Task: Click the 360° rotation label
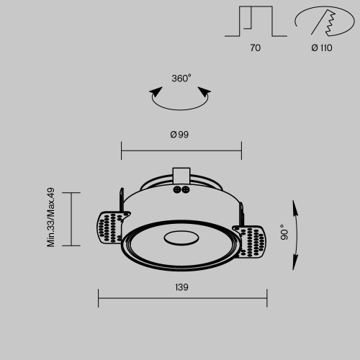coord(181,78)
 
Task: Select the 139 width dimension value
coord(181,287)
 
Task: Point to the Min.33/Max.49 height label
coord(51,217)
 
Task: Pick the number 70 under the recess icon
coord(256,48)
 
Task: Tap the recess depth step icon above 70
coord(255,21)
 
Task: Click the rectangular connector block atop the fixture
coord(181,176)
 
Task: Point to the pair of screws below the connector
coord(181,190)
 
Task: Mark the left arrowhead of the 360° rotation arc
coord(154,91)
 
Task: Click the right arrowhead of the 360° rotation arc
coord(207,91)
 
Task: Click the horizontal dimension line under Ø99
coord(181,151)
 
